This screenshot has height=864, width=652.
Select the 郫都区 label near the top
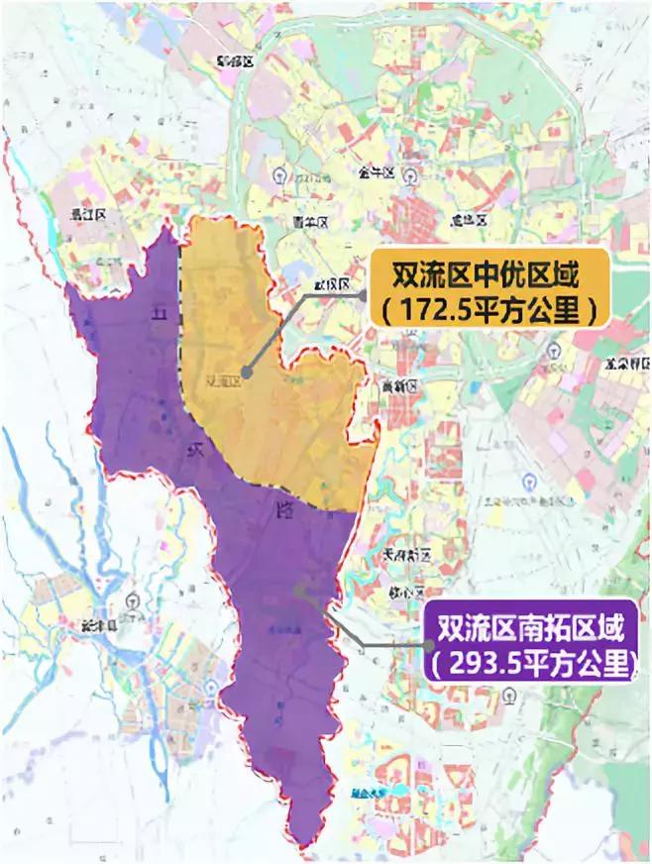click(x=236, y=61)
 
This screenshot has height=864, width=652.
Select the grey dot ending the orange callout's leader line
click(x=246, y=375)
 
